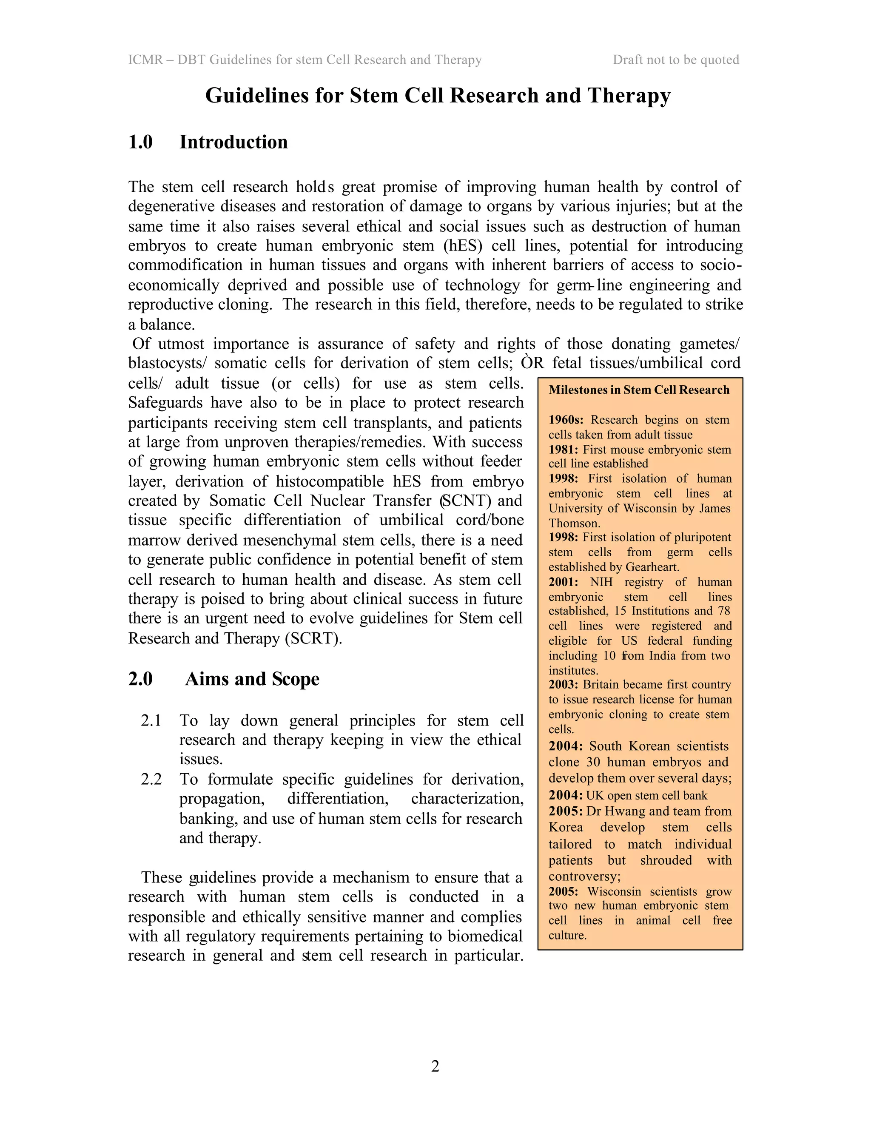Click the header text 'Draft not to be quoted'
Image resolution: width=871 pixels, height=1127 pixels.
(x=675, y=60)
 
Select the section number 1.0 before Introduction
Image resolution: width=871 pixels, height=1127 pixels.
(x=140, y=142)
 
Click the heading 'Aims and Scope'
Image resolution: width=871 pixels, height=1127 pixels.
(x=252, y=679)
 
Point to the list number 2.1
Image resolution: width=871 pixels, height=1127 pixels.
(x=151, y=720)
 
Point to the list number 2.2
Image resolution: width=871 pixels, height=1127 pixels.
(x=151, y=779)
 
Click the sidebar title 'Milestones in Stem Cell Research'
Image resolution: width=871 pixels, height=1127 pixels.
(x=639, y=390)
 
